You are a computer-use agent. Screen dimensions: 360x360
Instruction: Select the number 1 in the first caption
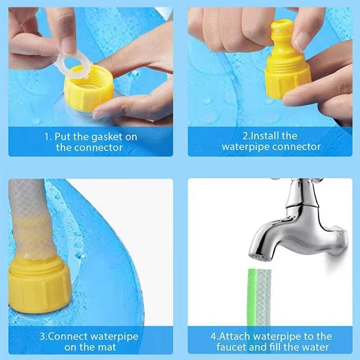(46, 136)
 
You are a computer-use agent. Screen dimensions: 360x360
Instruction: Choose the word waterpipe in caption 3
(113, 336)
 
